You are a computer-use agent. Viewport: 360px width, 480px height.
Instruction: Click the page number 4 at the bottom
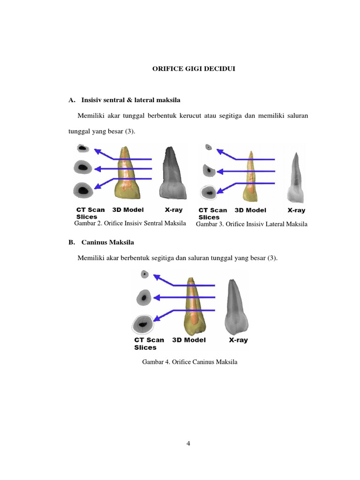(x=188, y=444)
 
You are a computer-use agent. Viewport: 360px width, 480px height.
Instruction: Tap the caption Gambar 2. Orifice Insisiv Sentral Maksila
(x=130, y=223)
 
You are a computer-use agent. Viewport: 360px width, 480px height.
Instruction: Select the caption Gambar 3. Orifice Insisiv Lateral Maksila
(x=251, y=224)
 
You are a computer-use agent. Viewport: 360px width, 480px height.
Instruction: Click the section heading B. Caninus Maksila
(x=101, y=242)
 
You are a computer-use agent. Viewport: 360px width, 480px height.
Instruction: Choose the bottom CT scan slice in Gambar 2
(x=83, y=190)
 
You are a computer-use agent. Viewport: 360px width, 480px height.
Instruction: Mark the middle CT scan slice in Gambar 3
(x=207, y=170)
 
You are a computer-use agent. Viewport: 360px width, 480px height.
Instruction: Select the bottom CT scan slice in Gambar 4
(x=142, y=324)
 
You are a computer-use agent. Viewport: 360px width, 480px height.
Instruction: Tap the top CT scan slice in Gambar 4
(x=145, y=274)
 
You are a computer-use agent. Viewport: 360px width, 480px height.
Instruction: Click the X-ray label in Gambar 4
(x=238, y=340)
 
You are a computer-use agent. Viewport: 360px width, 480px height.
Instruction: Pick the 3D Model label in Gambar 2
(x=128, y=210)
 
